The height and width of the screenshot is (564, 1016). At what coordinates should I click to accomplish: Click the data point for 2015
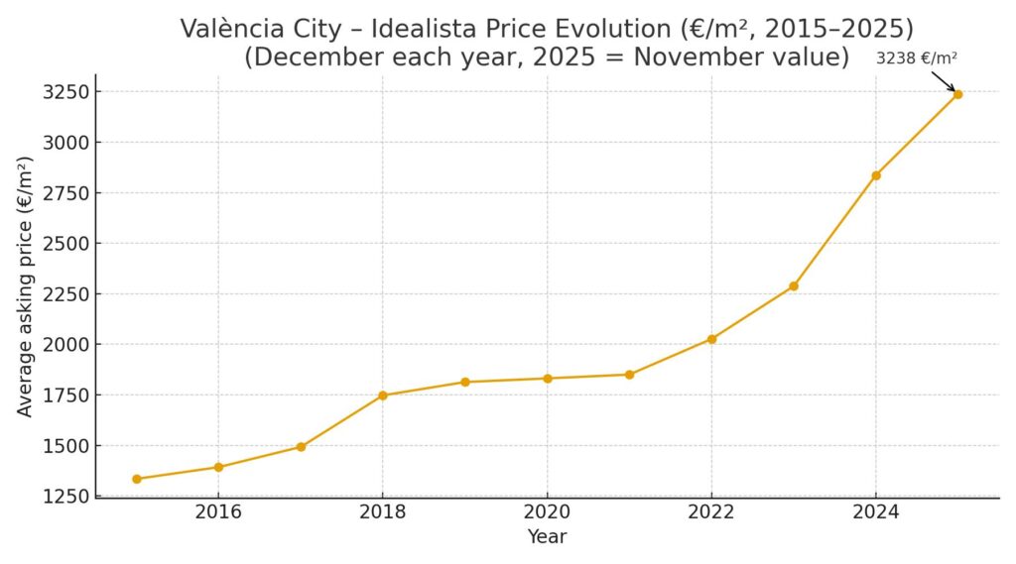136,479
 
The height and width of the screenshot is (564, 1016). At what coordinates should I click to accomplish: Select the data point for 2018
383,395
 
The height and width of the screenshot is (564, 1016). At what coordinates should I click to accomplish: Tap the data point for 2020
547,378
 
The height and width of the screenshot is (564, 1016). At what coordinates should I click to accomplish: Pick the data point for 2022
711,339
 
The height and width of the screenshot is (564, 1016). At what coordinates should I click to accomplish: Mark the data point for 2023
794,286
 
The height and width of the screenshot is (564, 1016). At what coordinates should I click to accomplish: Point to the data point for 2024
876,175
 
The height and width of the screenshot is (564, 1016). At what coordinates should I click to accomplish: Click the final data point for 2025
957,94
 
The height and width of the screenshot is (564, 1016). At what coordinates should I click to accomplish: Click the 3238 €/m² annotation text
916,58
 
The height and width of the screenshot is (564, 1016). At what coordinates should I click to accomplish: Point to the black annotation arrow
943,81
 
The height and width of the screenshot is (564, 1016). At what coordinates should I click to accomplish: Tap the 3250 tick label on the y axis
65,92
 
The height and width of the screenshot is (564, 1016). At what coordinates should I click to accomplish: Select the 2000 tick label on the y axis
65,344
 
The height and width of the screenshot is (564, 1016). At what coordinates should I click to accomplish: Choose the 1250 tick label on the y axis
65,496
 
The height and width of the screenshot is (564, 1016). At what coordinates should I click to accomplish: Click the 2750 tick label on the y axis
65,193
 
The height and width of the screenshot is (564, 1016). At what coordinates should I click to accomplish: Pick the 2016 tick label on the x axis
218,512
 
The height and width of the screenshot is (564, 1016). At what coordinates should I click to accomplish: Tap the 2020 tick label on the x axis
547,512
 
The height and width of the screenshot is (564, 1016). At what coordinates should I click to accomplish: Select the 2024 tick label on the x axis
876,512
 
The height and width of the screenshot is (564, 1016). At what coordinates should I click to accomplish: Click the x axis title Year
547,536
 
